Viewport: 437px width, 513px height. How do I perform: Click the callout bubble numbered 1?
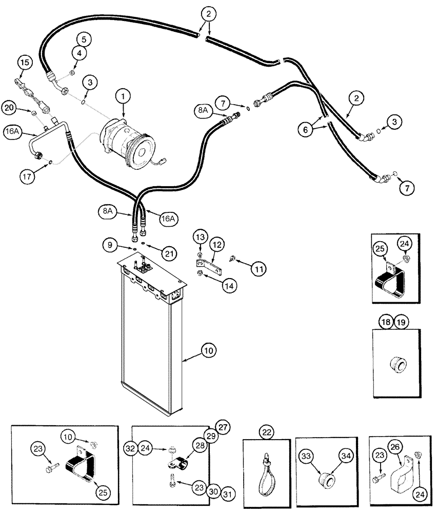123,95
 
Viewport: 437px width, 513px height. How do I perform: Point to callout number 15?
24,63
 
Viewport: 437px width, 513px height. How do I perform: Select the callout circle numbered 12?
215,245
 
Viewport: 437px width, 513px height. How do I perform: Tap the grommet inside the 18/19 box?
399,366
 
